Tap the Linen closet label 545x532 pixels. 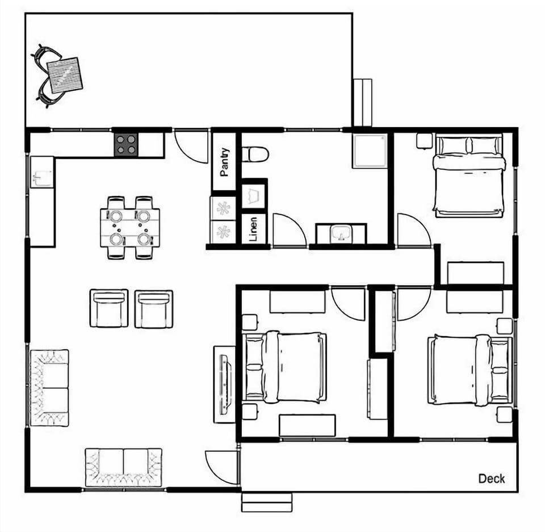pos(253,229)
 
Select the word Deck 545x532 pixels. pos(491,479)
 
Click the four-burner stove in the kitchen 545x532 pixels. pos(125,145)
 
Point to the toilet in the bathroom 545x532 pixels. pos(254,153)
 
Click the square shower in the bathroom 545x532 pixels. pos(370,150)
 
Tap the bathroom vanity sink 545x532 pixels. pos(341,233)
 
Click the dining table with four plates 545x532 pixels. pos(130,227)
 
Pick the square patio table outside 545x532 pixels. pos(65,75)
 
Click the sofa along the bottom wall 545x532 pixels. pos(124,467)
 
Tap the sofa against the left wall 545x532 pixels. pos(49,388)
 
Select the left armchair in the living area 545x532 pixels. pos(109,308)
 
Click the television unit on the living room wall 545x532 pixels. pos(224,384)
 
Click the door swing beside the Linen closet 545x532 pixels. pos(288,230)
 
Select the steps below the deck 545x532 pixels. pos(266,502)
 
